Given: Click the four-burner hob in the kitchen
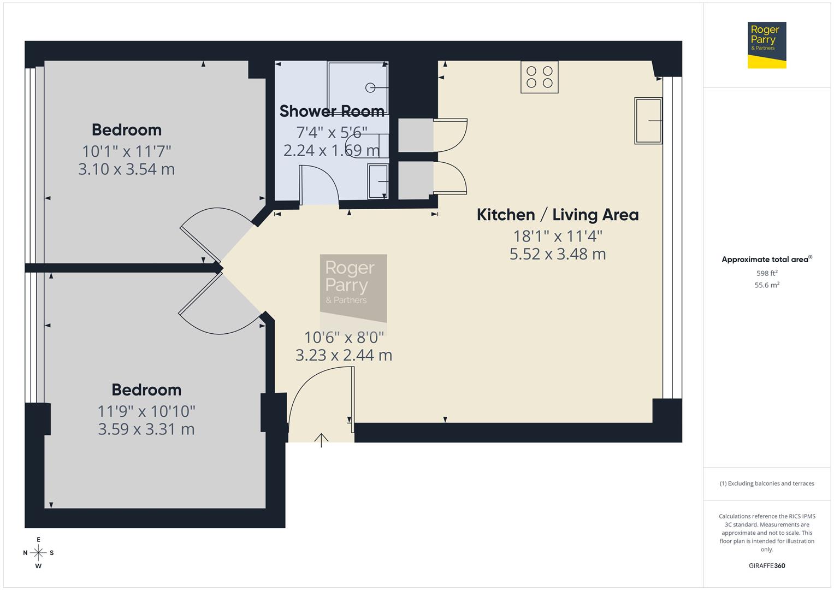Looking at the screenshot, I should pyautogui.click(x=539, y=77).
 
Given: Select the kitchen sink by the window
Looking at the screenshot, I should pyautogui.click(x=648, y=121).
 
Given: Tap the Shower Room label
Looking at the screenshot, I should pyautogui.click(x=332, y=111).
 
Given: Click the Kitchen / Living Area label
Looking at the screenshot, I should pyautogui.click(x=557, y=215).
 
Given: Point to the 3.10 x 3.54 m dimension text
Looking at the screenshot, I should pyautogui.click(x=126, y=169).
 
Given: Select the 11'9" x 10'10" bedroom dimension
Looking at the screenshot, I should pyautogui.click(x=146, y=411).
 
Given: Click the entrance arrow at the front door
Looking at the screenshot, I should pyautogui.click(x=321, y=440).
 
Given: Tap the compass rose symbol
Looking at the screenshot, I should pyautogui.click(x=38, y=553).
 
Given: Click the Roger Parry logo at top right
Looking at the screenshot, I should pyautogui.click(x=766, y=45).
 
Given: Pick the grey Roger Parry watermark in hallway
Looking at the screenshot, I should pyautogui.click(x=353, y=286).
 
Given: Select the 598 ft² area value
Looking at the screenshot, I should pyautogui.click(x=767, y=273).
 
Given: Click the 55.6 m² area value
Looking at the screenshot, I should pyautogui.click(x=767, y=285).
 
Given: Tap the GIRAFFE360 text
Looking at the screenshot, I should pyautogui.click(x=767, y=566).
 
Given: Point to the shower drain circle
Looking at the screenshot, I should pyautogui.click(x=370, y=87).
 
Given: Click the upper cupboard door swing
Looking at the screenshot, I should pyautogui.click(x=451, y=134).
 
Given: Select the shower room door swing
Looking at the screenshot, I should pyautogui.click(x=320, y=183).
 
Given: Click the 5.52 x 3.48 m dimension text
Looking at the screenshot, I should pyautogui.click(x=557, y=254).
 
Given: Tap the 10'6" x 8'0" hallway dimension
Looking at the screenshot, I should pyautogui.click(x=344, y=337).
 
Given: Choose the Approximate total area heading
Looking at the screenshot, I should pyautogui.click(x=766, y=259).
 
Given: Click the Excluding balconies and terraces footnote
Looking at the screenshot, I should pyautogui.click(x=767, y=483).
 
